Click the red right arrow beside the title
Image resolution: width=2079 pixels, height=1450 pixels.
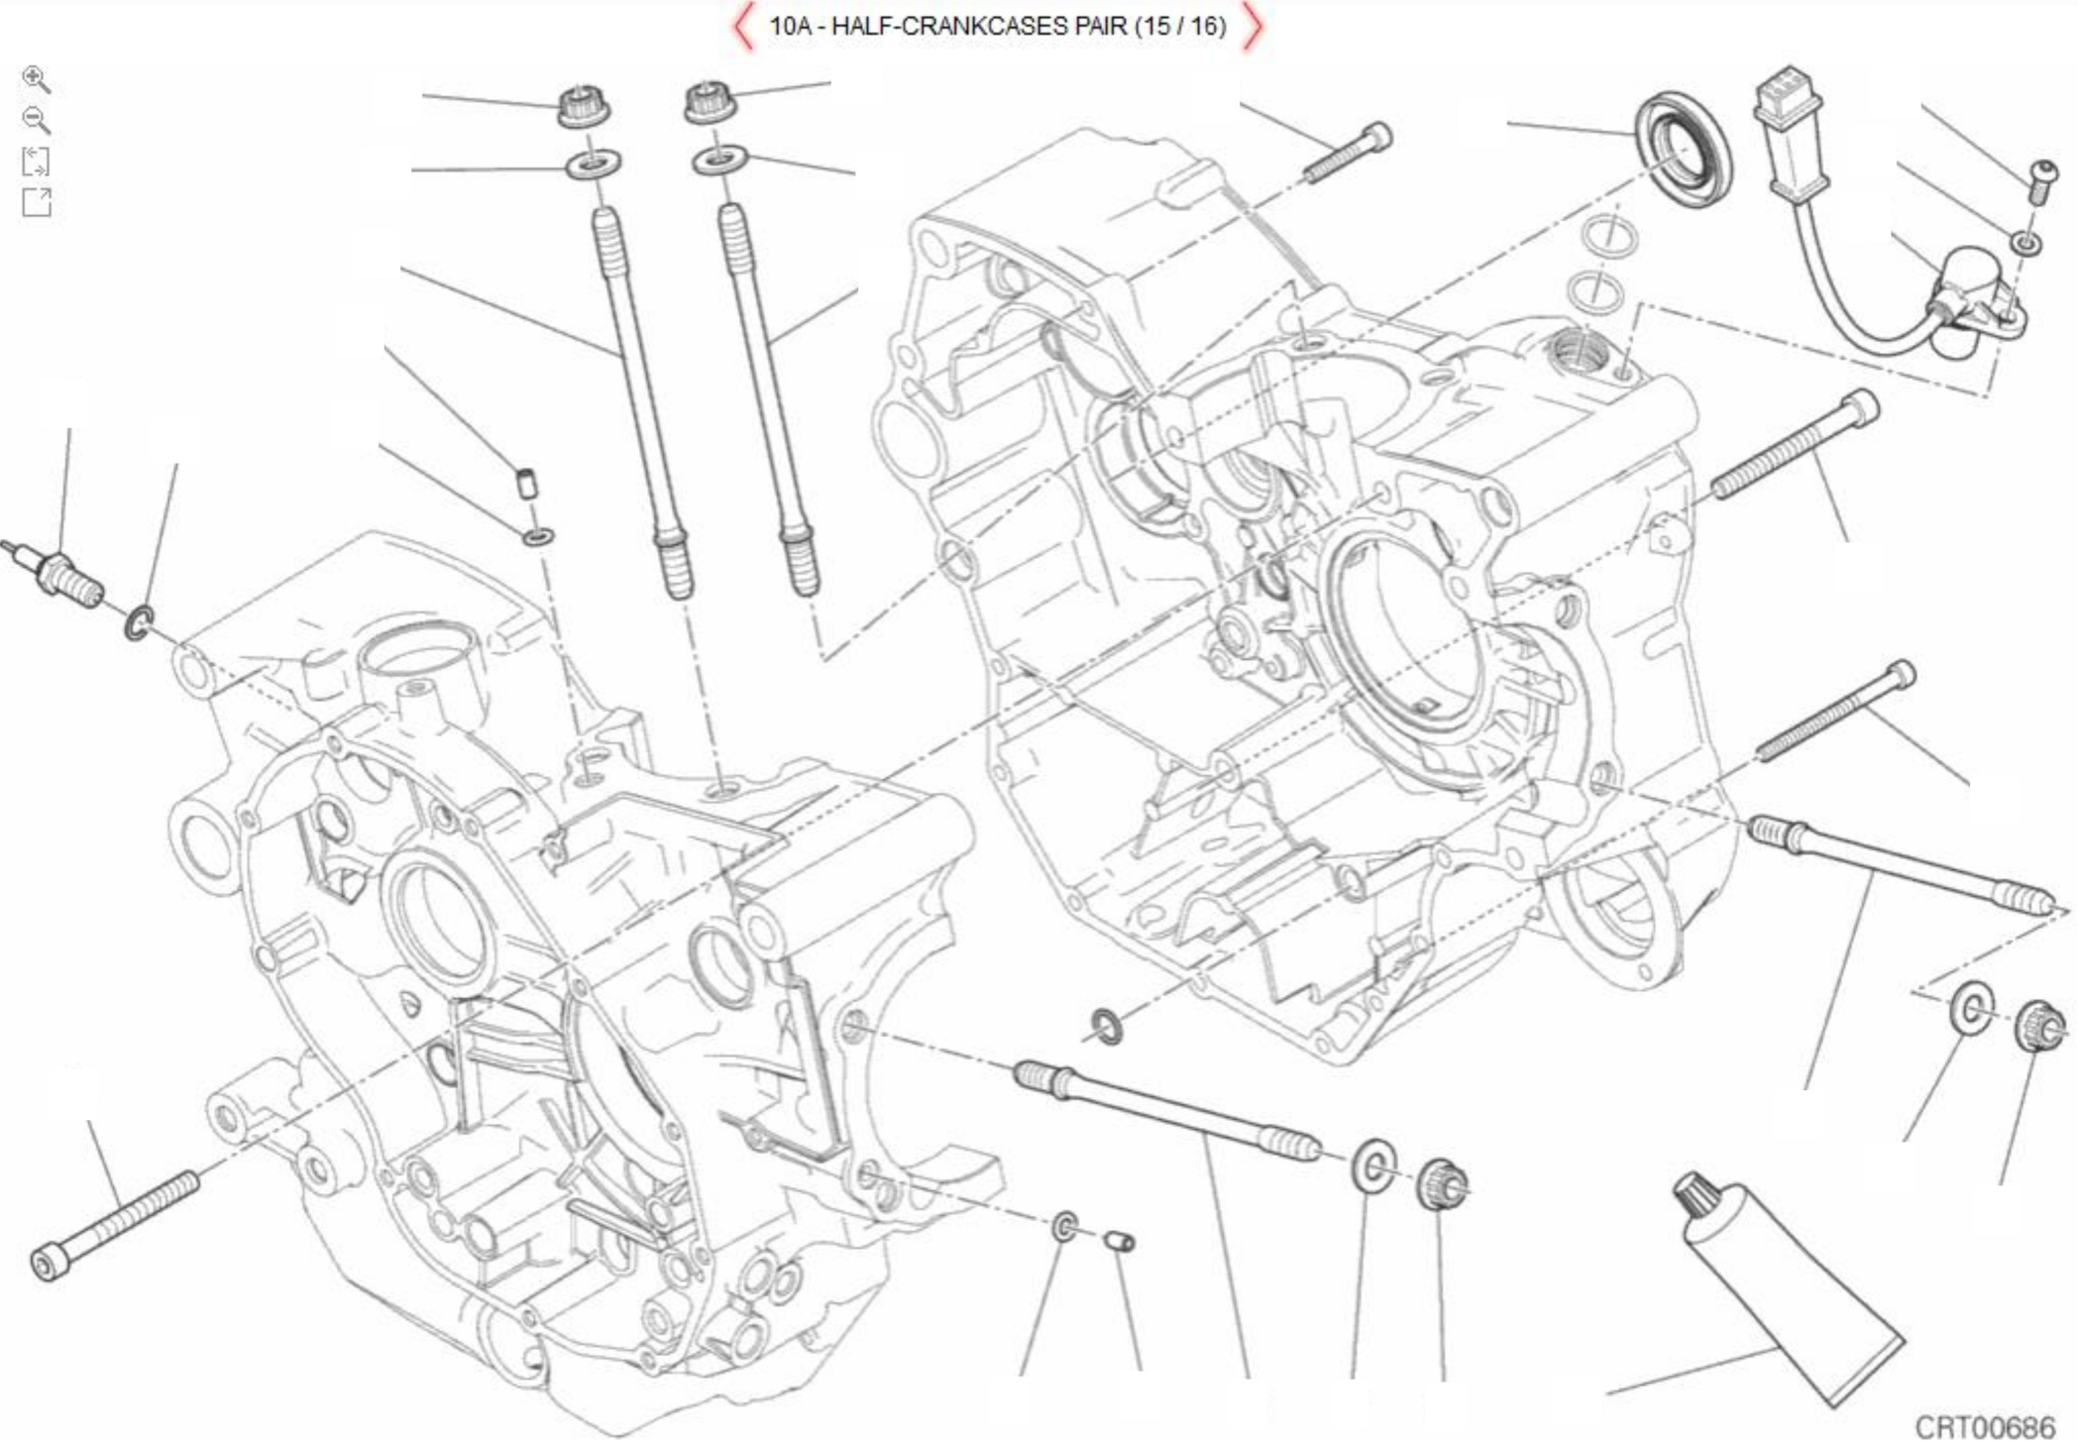click(x=1253, y=27)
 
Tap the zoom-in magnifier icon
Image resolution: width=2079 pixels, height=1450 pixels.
click(x=36, y=79)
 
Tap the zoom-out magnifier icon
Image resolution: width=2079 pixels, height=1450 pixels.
click(x=36, y=120)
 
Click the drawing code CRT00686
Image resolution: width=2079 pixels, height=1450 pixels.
click(x=1984, y=1427)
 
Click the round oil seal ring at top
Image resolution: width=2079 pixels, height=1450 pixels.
click(x=1683, y=149)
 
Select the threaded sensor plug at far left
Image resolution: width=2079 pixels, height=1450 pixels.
click(x=59, y=575)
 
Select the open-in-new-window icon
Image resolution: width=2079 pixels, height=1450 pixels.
click(x=37, y=202)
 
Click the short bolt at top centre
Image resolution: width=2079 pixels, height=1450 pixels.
click(x=1348, y=153)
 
